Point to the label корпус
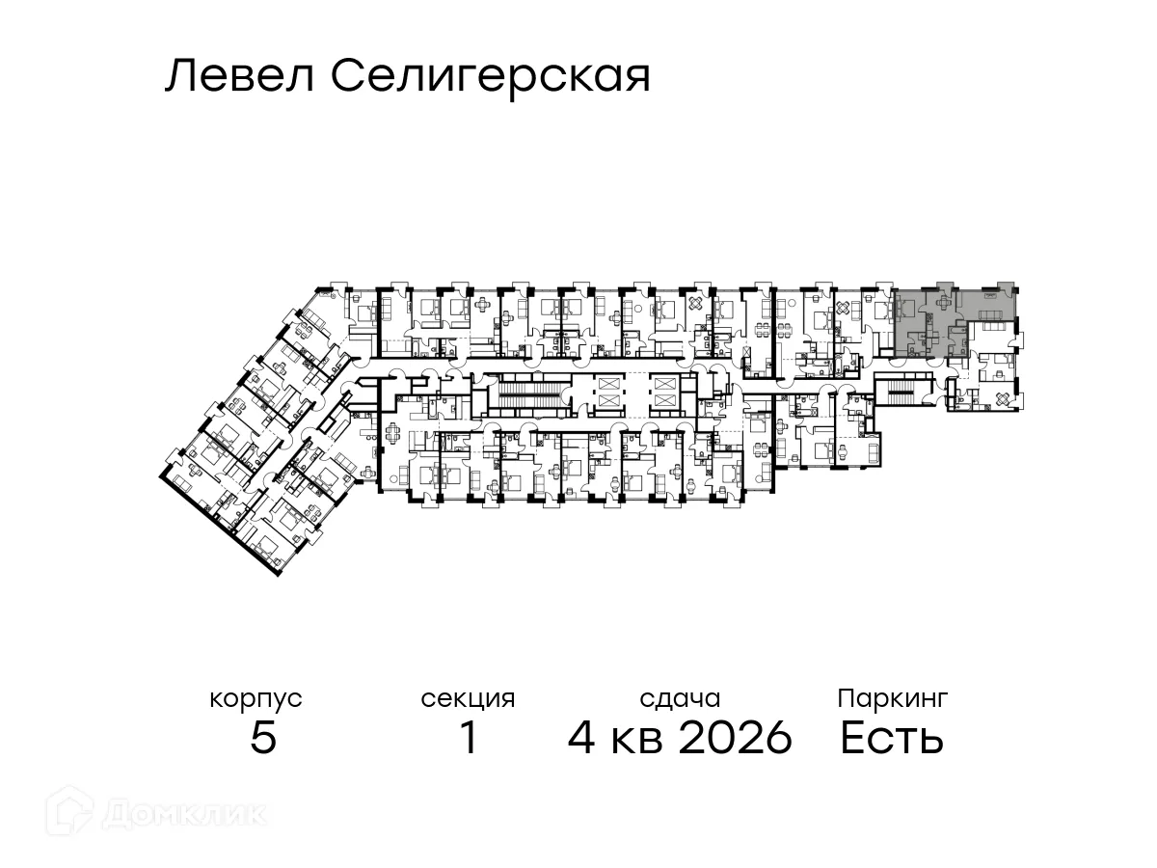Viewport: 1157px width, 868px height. (x=256, y=698)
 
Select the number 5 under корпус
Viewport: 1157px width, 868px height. (x=262, y=739)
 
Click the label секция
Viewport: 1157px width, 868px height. (x=468, y=698)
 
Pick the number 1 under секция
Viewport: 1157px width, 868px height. (x=469, y=739)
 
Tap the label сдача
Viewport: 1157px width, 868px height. (x=680, y=698)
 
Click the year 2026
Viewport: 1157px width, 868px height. (x=736, y=739)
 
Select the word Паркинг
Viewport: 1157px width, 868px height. (x=893, y=697)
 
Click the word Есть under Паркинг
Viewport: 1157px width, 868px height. (x=892, y=739)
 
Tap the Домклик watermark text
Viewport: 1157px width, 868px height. (x=184, y=814)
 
